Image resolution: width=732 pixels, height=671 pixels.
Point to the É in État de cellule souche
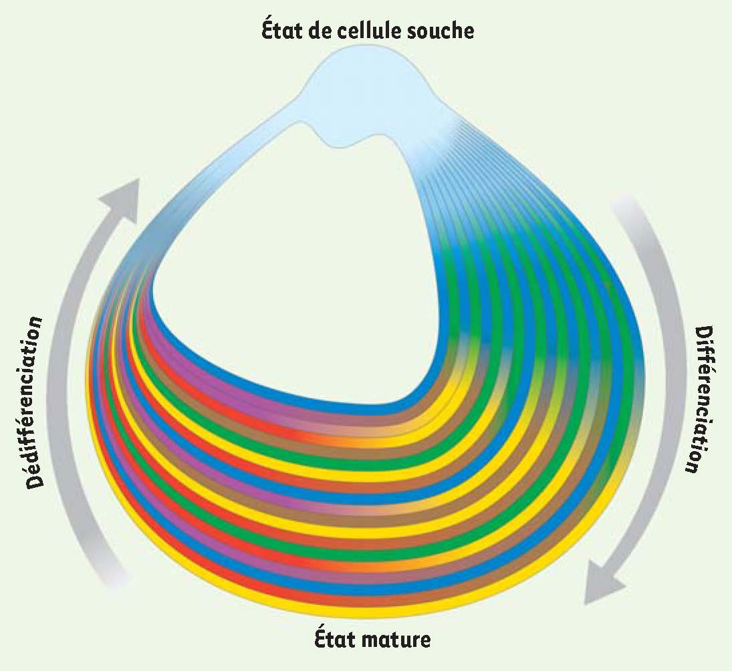coord(267,30)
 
